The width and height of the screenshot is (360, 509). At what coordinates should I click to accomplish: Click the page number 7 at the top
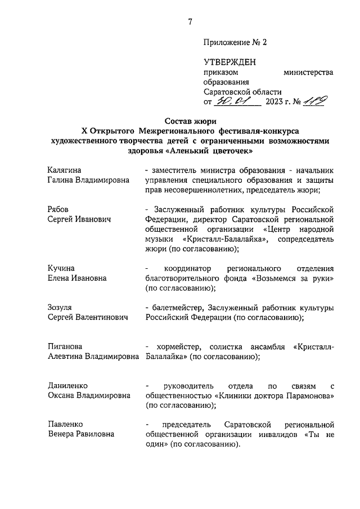pos(190,22)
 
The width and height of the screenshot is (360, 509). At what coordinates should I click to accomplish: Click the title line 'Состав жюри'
pos(191,121)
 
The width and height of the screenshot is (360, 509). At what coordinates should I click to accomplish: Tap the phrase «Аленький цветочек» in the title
pos(210,151)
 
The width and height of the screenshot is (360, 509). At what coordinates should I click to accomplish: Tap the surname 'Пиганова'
pos(67,346)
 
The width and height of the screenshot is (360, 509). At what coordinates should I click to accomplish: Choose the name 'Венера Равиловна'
pos(81,434)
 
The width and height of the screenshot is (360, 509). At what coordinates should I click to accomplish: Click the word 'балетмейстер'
pos(177,307)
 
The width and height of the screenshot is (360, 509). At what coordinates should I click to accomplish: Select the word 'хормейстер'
pos(175,346)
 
